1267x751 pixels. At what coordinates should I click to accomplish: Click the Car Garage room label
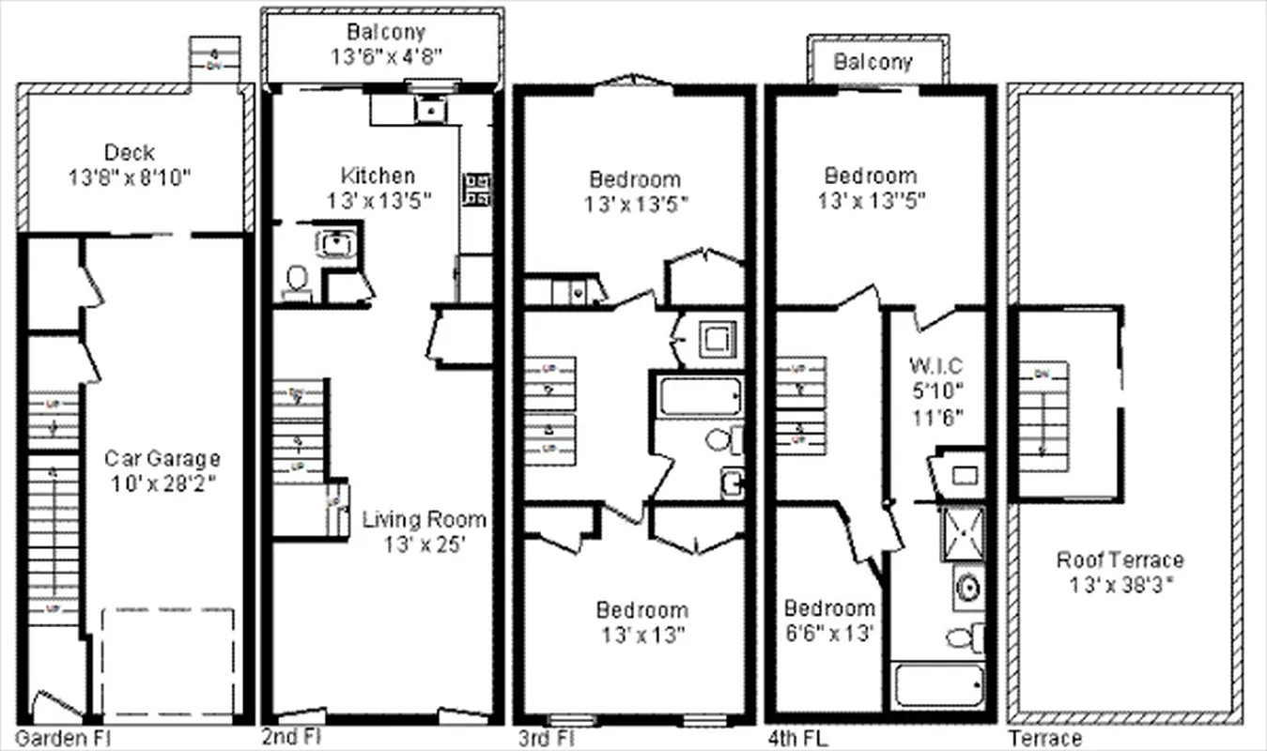click(162, 459)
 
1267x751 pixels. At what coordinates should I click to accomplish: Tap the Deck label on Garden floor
click(130, 152)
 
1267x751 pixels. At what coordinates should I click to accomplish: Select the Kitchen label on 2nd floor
click(378, 176)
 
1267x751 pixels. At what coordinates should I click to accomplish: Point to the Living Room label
click(425, 519)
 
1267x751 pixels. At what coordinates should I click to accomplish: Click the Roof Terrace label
click(1120, 560)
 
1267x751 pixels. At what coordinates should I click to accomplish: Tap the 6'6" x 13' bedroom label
click(829, 608)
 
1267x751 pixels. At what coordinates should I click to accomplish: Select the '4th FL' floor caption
click(802, 738)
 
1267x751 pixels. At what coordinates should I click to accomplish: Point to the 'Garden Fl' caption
click(63, 738)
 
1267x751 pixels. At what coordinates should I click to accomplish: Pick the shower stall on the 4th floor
click(963, 533)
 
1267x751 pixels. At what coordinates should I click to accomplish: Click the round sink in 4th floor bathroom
click(967, 588)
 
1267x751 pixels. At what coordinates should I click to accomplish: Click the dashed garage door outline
click(167, 661)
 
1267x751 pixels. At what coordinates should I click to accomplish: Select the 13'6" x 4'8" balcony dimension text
click(385, 55)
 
